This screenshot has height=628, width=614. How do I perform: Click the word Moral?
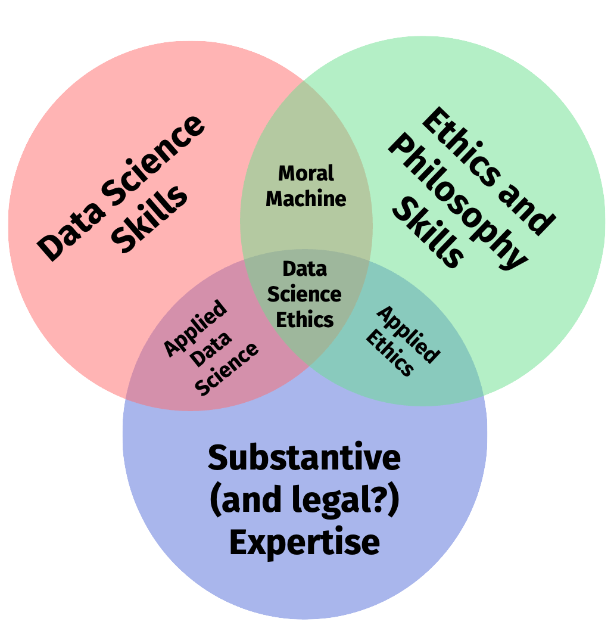pos(306,173)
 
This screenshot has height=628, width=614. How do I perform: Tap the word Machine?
pos(306,198)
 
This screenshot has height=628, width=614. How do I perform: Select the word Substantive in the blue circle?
pos(304,458)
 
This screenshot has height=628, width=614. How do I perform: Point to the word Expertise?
pos(304,543)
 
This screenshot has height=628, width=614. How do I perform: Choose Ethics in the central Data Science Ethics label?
pos(304,319)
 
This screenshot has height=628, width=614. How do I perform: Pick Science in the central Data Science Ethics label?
pos(304,294)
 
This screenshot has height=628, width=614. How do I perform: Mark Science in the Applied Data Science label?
pos(227,369)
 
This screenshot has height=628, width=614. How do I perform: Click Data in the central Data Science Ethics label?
pos(304,269)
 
